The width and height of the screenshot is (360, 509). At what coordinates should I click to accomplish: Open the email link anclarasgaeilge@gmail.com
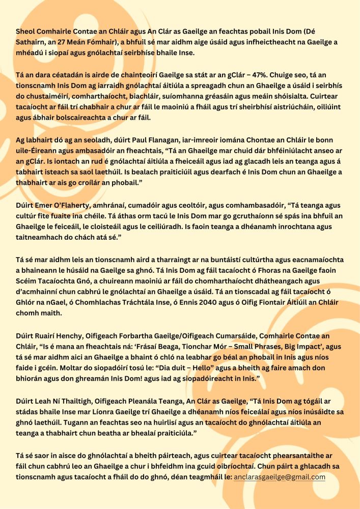coord(280,477)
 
